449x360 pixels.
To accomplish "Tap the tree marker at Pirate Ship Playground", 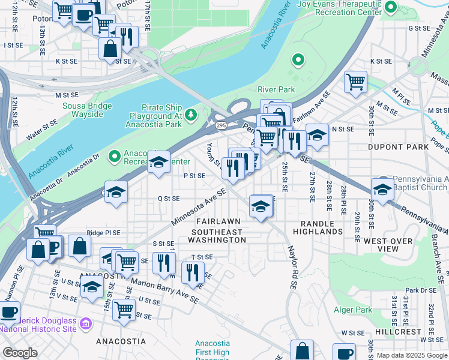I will (191, 114).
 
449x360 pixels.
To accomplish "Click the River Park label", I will (276, 89).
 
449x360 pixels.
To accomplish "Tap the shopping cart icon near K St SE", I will (356, 81).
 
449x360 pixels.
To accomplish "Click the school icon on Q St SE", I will (116, 191).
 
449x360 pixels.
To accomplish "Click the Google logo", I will (20, 352).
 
